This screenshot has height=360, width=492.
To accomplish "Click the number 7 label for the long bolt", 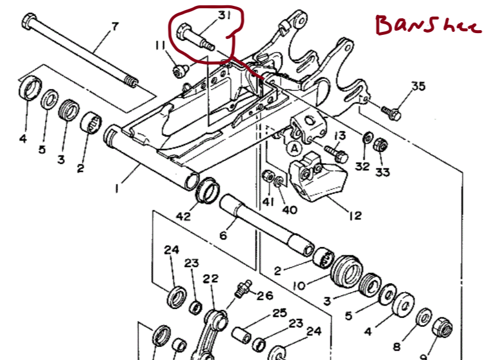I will (115, 27).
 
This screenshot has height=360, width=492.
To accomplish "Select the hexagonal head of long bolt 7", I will (29, 23).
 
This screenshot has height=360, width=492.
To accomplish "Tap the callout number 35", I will (418, 87).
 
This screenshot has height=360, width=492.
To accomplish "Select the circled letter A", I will (294, 149).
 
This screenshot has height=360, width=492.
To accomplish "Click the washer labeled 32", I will (367, 138).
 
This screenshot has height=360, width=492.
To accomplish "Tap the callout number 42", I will (184, 216).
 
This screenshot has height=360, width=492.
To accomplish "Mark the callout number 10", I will (299, 286).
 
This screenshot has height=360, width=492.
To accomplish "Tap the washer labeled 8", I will (423, 317).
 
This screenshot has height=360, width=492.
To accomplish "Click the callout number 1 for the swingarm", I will (118, 189).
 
